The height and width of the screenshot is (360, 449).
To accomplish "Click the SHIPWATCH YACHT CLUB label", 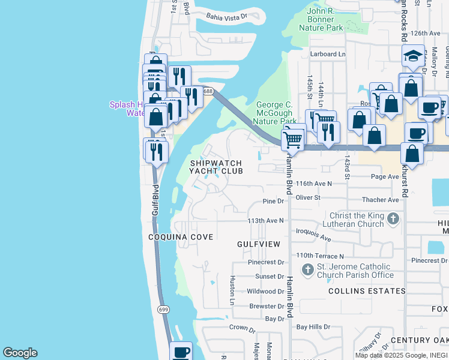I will tap(216, 167).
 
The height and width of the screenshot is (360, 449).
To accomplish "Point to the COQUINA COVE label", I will tap(181, 237).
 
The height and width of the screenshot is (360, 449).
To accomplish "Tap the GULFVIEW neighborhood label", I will tap(258, 244).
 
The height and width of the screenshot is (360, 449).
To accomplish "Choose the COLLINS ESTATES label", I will tap(367, 291).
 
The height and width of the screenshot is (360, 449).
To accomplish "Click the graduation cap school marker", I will tap(413, 56).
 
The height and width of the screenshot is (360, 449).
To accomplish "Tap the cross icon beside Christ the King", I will tap(393, 218).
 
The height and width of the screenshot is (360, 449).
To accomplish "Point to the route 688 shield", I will tap(208, 91).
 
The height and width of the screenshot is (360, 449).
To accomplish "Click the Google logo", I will tap(20, 353).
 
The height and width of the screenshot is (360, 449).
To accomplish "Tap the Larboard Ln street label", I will tap(328, 54).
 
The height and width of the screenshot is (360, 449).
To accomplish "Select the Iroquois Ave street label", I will tap(313, 234).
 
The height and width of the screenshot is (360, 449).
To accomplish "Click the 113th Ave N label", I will tap(265, 221).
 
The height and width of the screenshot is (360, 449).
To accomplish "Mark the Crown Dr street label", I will tap(243, 328).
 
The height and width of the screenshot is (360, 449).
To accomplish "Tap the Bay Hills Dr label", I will tap(318, 327).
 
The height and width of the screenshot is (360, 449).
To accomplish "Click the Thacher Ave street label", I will tap(380, 200).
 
